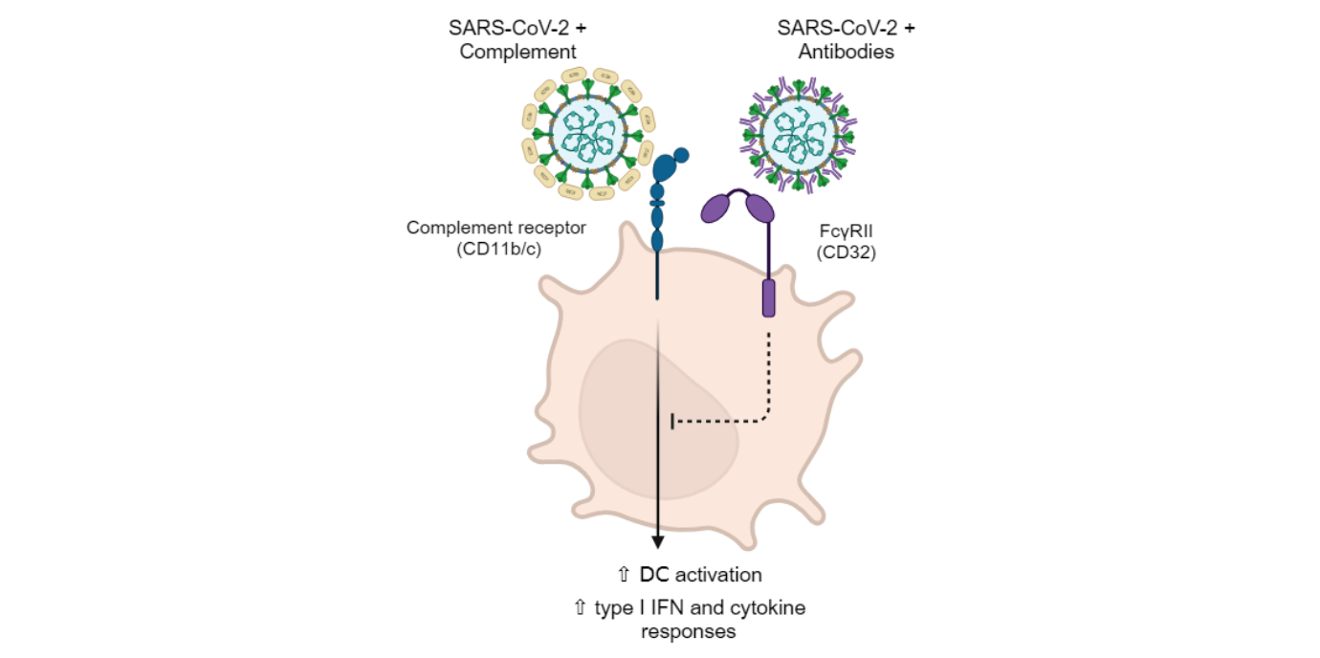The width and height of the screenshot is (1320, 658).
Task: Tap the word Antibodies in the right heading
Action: click(x=847, y=52)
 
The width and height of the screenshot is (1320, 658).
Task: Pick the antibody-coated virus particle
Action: click(x=799, y=134)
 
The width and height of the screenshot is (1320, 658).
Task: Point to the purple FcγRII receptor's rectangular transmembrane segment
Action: click(x=768, y=298)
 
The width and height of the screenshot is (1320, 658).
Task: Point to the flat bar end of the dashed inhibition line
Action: click(x=672, y=421)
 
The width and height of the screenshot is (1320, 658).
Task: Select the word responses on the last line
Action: click(x=687, y=631)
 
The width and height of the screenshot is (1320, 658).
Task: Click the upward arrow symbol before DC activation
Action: click(x=623, y=574)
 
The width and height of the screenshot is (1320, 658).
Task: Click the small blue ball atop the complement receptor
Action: click(x=681, y=155)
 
